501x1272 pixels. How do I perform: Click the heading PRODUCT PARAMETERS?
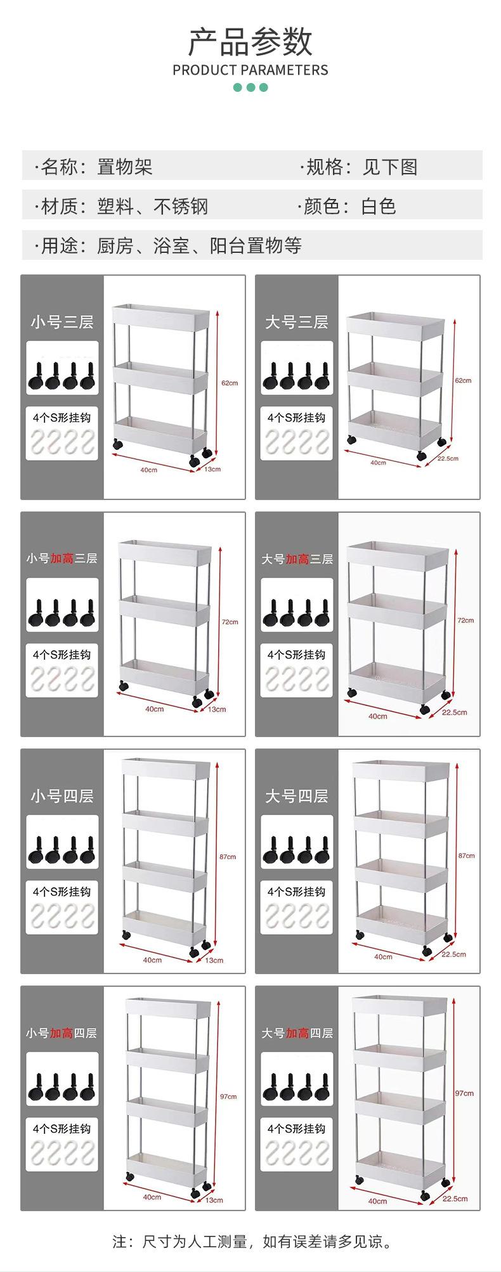click(x=251, y=70)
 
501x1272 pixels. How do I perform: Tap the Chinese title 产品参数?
click(x=251, y=42)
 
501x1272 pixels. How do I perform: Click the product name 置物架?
click(x=124, y=167)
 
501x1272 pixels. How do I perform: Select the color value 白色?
click(x=379, y=206)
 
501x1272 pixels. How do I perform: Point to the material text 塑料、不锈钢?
click(x=152, y=206)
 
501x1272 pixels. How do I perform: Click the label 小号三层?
click(x=62, y=322)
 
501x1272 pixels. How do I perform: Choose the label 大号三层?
click(x=296, y=322)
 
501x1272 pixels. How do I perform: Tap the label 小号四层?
click(x=62, y=796)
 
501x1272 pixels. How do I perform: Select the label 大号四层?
click(x=296, y=796)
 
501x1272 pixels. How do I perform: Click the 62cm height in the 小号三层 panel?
click(x=230, y=383)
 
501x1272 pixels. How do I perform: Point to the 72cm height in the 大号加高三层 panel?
click(x=465, y=620)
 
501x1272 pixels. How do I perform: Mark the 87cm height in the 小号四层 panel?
click(x=228, y=857)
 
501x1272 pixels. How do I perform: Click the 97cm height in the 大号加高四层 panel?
click(x=464, y=1093)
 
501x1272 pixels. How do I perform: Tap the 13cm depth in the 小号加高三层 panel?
click(x=217, y=709)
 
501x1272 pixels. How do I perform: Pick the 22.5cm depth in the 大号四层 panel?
click(x=454, y=954)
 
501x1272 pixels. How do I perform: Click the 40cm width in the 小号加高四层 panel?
click(x=152, y=1197)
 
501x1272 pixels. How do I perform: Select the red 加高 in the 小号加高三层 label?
click(x=62, y=558)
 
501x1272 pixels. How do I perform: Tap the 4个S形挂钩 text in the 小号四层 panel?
click(x=62, y=892)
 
